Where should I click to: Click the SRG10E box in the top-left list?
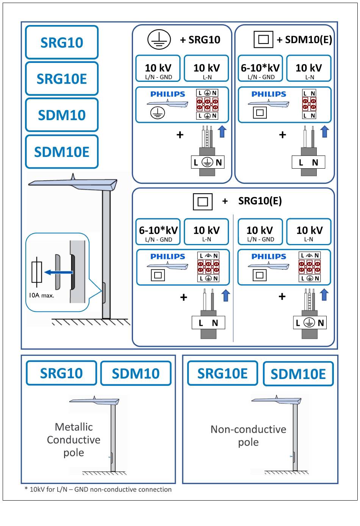(x=62, y=79)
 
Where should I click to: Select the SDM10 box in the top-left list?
(x=62, y=115)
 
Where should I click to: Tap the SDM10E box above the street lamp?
(x=62, y=152)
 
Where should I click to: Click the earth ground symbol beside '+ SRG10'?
(x=159, y=40)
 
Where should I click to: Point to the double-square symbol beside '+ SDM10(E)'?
(x=263, y=40)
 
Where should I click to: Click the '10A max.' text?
(x=42, y=295)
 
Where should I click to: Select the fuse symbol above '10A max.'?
(x=37, y=272)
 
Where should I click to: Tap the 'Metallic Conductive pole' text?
(x=74, y=440)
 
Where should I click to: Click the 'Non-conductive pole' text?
(x=248, y=435)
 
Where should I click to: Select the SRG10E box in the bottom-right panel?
(x=222, y=374)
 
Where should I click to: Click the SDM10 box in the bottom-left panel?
(x=136, y=374)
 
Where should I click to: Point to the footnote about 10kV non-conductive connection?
(x=98, y=489)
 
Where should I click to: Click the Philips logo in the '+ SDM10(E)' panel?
(x=269, y=94)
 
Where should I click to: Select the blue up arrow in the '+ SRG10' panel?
(x=222, y=132)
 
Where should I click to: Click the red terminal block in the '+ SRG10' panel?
(x=207, y=104)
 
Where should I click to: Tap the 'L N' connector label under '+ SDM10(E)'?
(x=308, y=163)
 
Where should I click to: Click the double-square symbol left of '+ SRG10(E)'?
(x=203, y=202)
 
